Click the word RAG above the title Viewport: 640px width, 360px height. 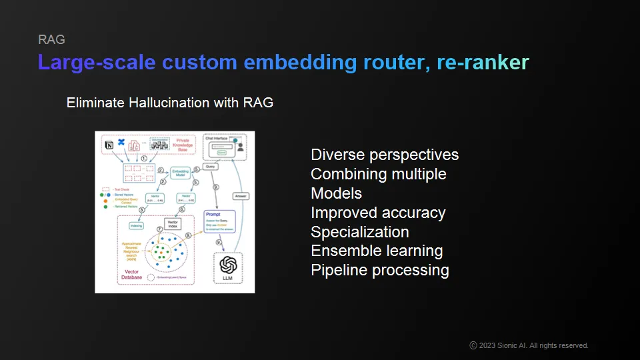click(51, 39)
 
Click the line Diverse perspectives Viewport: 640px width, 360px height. click(385, 155)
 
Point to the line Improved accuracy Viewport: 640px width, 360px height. click(378, 213)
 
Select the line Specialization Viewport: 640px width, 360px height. click(360, 232)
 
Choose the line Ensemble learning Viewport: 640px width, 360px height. click(377, 251)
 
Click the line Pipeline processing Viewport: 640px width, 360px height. click(380, 270)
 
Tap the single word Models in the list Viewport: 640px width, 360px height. click(337, 193)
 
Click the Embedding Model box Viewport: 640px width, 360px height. click(181, 171)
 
